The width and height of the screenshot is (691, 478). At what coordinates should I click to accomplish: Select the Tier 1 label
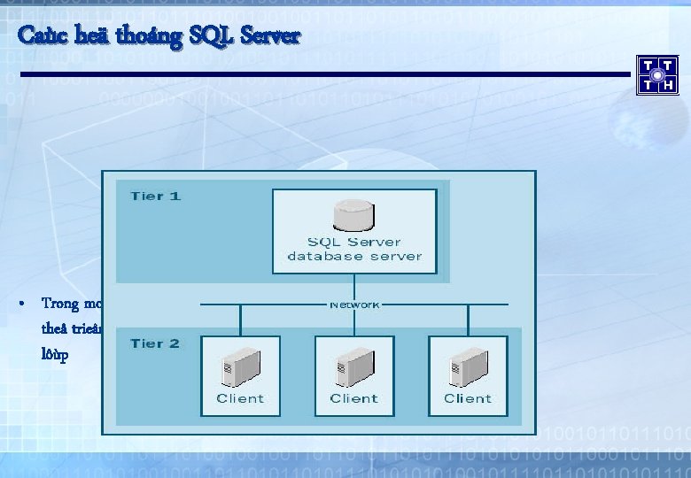(155, 195)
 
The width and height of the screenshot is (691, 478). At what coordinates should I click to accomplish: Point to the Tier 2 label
(155, 343)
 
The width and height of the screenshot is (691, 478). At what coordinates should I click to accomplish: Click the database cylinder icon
(354, 214)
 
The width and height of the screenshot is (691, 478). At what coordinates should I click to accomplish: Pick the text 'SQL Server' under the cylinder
(354, 242)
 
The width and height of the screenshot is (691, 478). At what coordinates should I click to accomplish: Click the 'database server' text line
(354, 257)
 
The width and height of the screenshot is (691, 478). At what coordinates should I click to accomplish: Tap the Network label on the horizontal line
(354, 305)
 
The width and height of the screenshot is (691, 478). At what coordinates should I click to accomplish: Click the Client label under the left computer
(240, 398)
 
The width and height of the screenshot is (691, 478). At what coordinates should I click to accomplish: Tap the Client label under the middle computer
(353, 398)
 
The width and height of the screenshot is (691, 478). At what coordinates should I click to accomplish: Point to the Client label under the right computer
(467, 398)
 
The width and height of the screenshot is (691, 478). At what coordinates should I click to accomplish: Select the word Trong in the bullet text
(59, 304)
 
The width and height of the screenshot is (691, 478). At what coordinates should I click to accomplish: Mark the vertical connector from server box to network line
(354, 286)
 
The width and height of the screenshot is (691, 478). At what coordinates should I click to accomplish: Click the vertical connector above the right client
(468, 319)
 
